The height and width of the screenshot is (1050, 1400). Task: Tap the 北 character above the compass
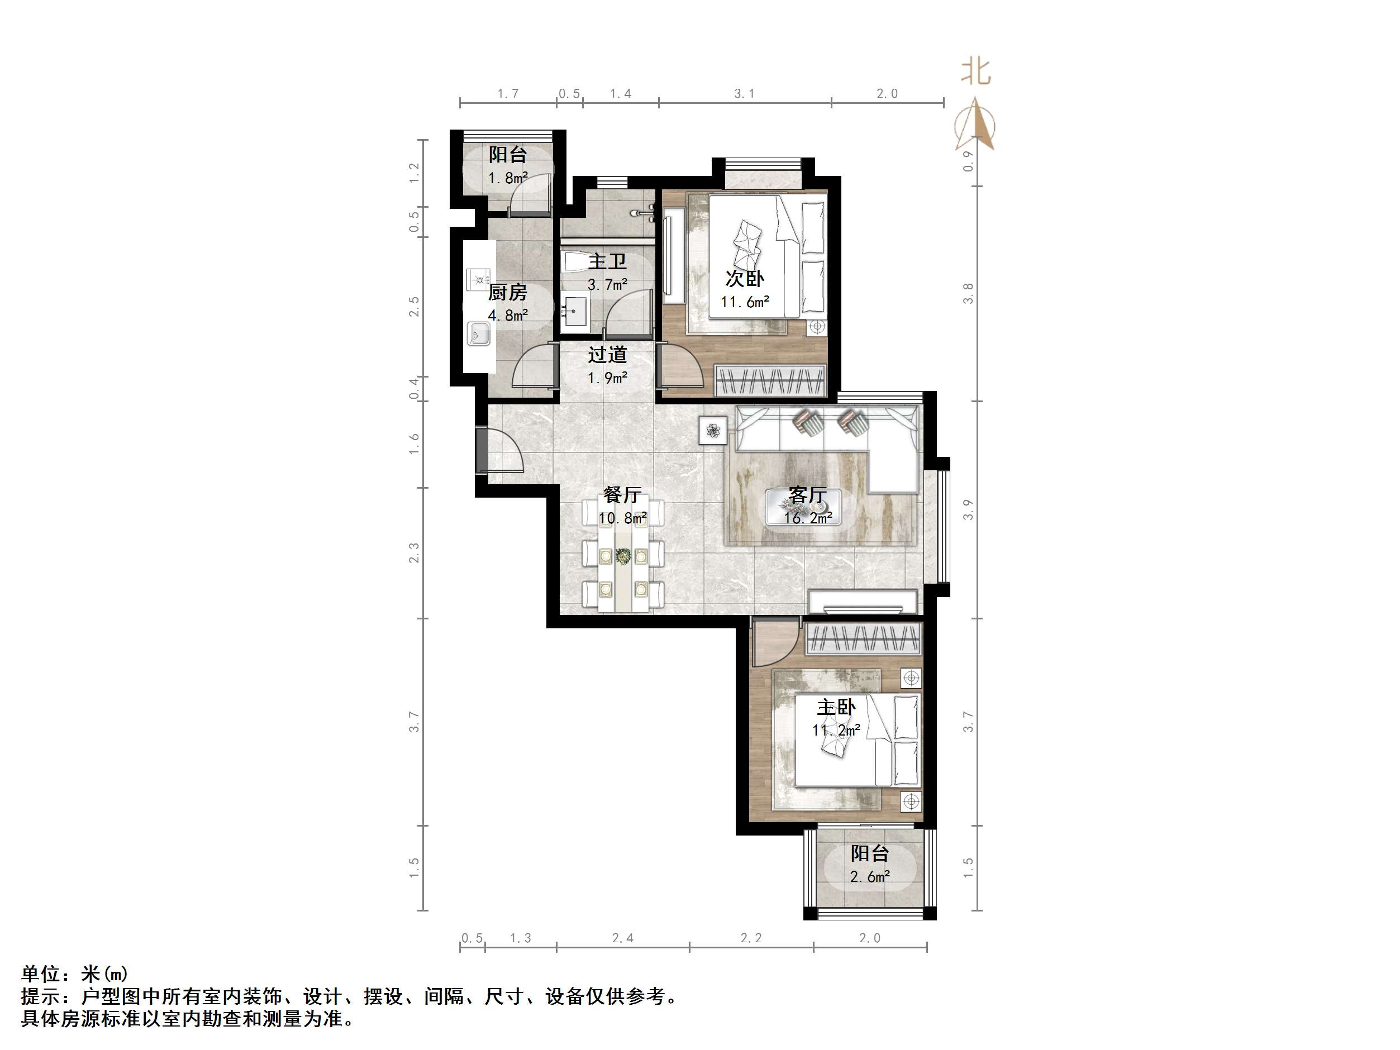(x=975, y=71)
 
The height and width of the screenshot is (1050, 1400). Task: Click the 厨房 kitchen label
(x=508, y=293)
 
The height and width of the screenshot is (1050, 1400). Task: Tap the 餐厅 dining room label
(x=622, y=494)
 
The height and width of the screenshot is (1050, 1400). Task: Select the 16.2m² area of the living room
(x=808, y=518)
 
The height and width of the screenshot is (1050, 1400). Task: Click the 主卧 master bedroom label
(x=835, y=707)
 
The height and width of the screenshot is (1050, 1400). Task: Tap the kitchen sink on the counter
(x=478, y=333)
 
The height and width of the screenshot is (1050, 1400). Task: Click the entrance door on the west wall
(x=482, y=450)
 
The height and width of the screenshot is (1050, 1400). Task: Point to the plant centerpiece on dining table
(x=623, y=556)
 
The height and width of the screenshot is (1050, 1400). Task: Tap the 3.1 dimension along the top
(x=744, y=94)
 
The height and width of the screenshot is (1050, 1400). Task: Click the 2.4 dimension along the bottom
(x=622, y=938)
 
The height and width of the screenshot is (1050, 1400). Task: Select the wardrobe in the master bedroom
(x=863, y=639)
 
